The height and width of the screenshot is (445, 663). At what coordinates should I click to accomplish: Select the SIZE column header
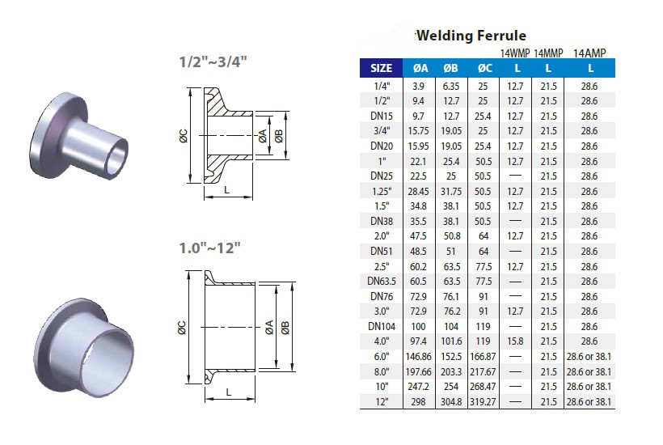point(381,68)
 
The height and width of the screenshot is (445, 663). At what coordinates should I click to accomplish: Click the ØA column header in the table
point(420,68)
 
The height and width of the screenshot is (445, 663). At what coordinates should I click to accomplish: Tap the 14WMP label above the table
point(514,53)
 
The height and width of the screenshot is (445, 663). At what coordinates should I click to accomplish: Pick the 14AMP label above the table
point(589,53)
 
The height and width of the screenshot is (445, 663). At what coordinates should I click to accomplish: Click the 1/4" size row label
point(381,85)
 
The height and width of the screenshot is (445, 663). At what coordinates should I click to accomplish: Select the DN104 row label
point(381,326)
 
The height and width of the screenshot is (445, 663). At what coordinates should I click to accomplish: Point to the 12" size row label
point(381,402)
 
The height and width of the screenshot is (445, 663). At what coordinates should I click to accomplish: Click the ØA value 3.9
point(420,85)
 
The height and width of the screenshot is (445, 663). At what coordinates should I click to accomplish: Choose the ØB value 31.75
point(450,191)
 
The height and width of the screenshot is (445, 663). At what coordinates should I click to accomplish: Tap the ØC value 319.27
point(484,402)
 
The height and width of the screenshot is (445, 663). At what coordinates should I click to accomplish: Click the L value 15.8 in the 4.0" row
point(515,341)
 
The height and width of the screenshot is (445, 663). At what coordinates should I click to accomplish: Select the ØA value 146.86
point(420,357)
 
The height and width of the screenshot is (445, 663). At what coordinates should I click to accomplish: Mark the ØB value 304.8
point(450,402)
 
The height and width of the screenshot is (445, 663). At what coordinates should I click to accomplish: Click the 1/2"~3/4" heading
point(212,61)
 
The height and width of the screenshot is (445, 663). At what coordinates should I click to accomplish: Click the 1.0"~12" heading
point(209,248)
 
